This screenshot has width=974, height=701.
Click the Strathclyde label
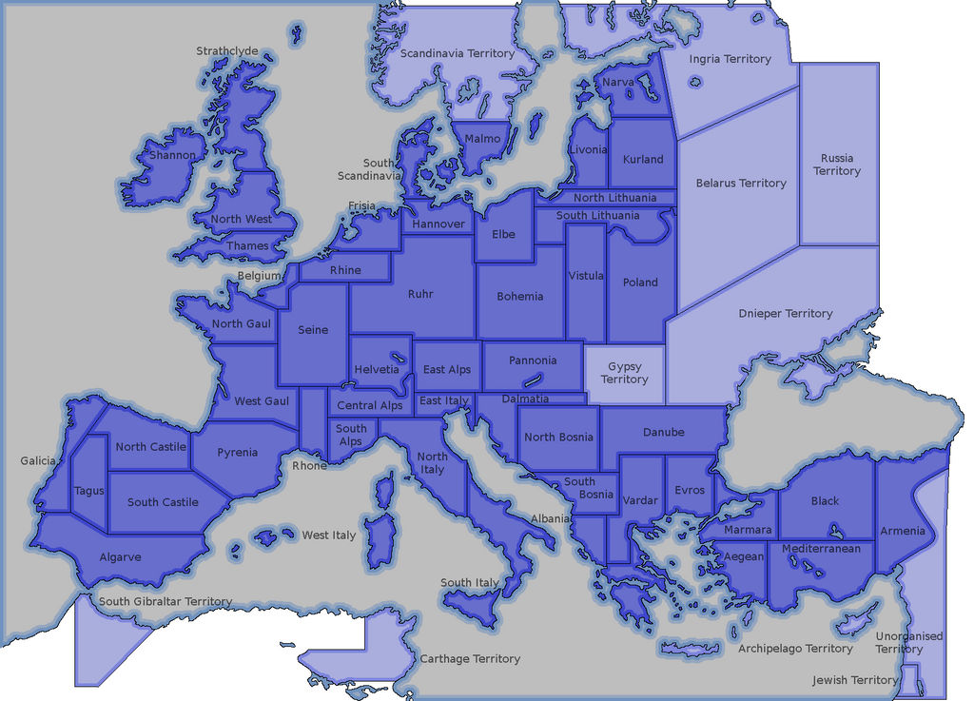226,51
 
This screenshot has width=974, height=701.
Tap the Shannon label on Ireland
172,155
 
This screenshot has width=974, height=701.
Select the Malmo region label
482,139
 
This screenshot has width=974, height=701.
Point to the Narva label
617,83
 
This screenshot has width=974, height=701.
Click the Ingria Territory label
730,59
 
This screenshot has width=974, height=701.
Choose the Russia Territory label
837,165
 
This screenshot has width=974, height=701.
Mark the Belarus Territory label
741,183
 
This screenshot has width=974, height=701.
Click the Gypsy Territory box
624,373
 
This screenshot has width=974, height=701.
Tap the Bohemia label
520,296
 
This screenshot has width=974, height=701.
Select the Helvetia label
377,369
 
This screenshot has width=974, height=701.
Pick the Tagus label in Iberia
88,492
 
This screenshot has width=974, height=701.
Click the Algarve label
120,557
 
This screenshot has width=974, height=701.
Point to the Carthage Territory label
470,658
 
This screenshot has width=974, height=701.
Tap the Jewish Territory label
854,680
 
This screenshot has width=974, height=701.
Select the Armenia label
902,531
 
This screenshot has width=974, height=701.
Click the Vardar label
640,500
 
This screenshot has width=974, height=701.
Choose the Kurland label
643,159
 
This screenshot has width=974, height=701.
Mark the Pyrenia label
237,453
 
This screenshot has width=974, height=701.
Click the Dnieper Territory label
785,313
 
